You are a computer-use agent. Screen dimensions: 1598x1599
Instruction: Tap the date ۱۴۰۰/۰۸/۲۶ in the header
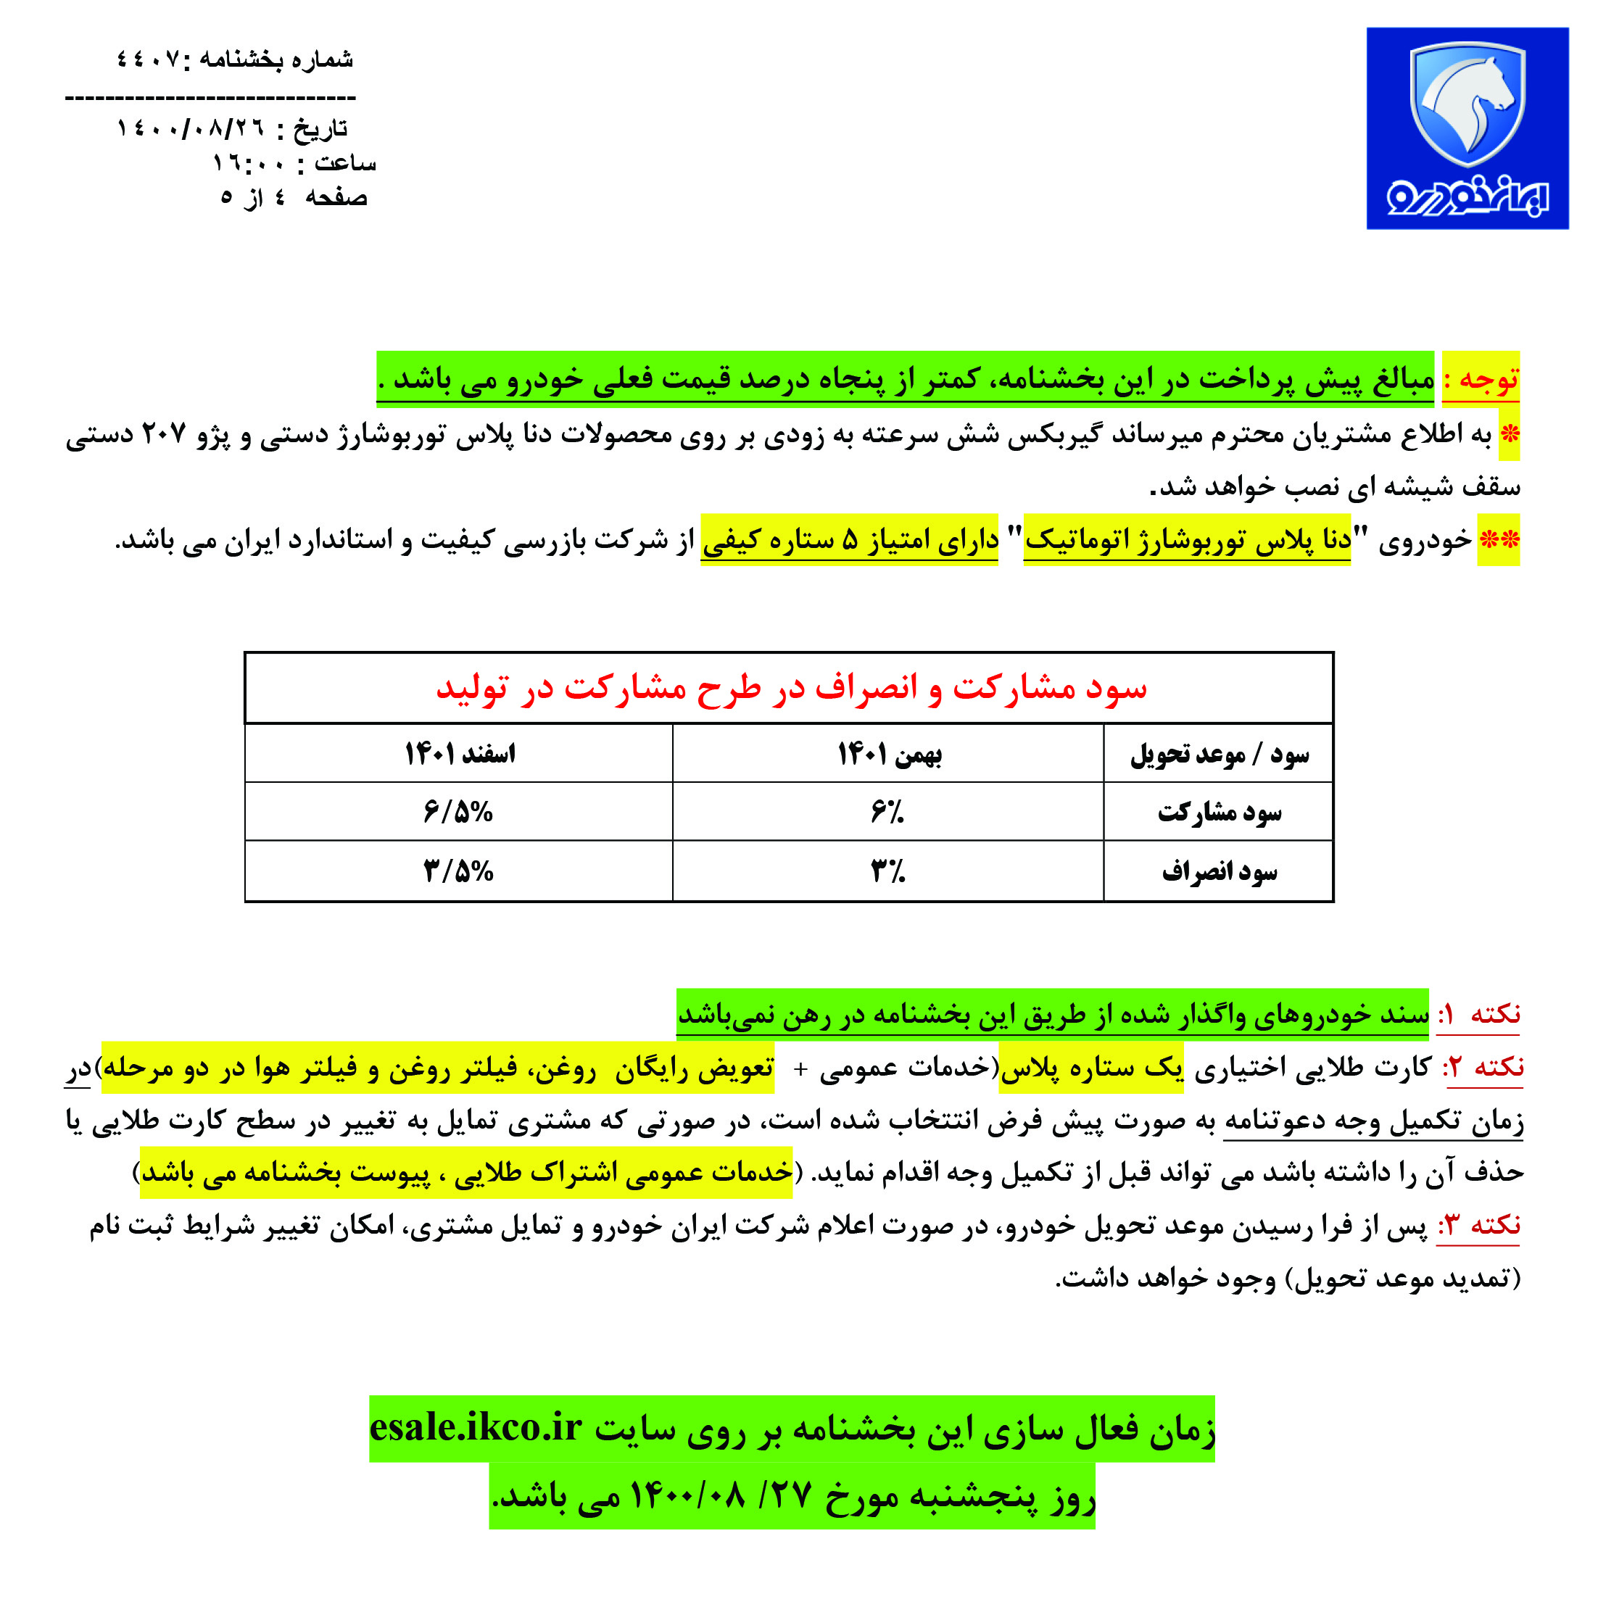pyautogui.click(x=190, y=128)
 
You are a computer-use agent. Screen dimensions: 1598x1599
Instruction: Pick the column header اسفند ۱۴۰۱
pyautogui.click(x=460, y=754)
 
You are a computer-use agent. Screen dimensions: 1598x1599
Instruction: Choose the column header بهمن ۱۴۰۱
pyautogui.click(x=889, y=754)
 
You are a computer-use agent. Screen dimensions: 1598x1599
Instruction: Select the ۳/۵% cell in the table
pyautogui.click(x=458, y=871)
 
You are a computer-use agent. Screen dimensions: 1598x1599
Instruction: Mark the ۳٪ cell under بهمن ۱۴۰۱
pyautogui.click(x=887, y=871)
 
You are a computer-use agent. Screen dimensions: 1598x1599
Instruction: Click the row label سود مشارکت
pyautogui.click(x=1219, y=813)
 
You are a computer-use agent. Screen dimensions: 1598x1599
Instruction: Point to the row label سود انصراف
pyautogui.click(x=1219, y=871)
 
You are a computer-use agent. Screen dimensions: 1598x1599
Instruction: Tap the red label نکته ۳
pyautogui.click(x=1480, y=1225)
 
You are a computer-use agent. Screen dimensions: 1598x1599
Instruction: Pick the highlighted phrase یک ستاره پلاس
pyautogui.click(x=1091, y=1068)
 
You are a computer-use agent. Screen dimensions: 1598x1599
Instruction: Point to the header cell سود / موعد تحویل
pyautogui.click(x=1219, y=754)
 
